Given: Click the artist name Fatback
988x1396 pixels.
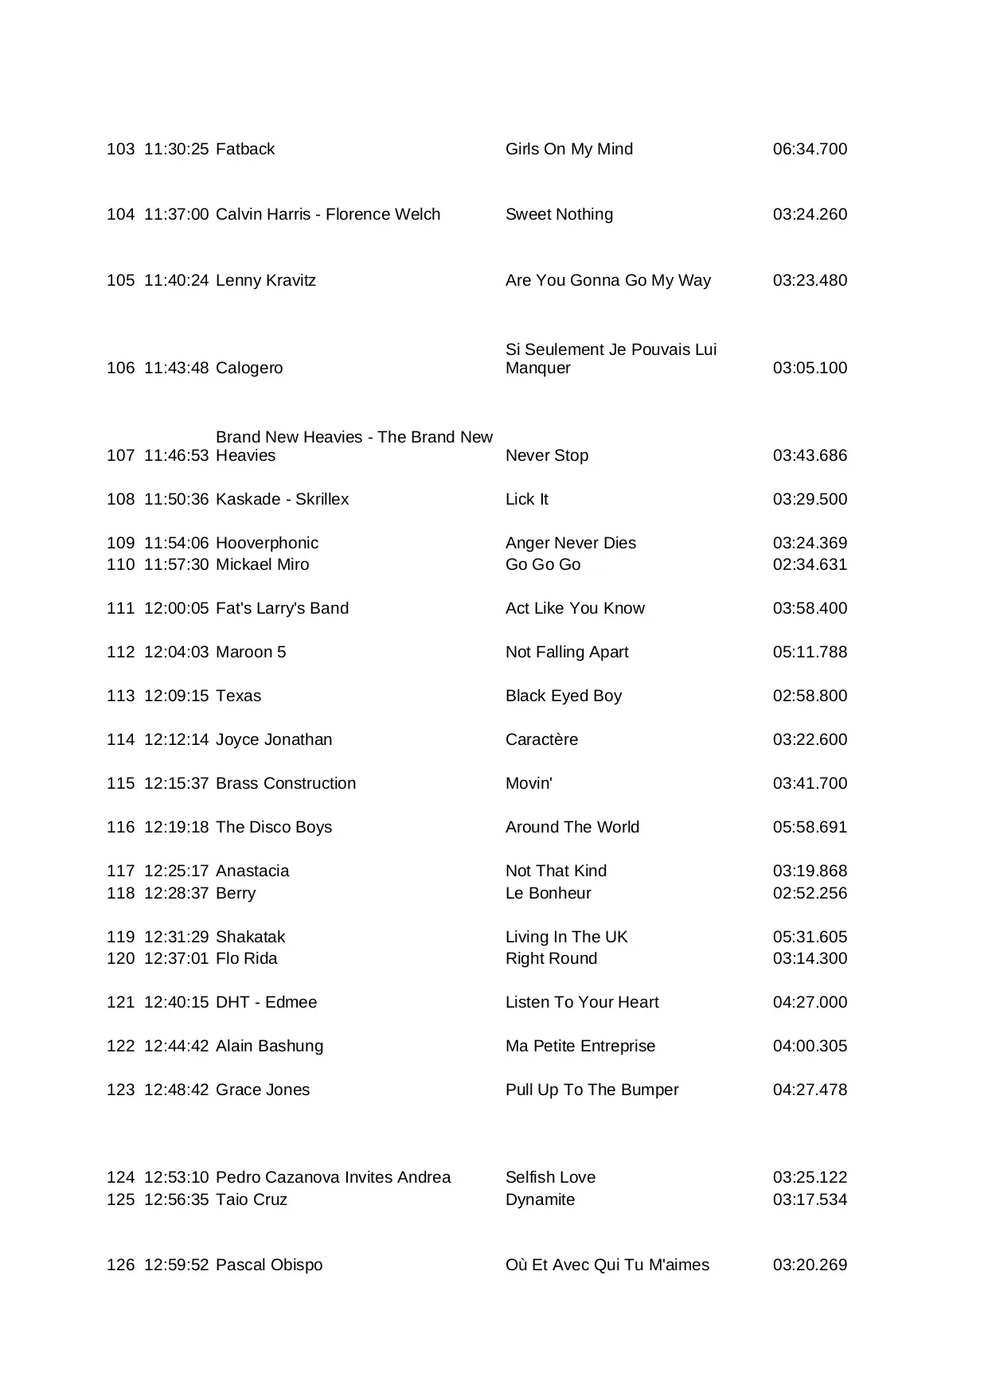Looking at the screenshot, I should point(244,149).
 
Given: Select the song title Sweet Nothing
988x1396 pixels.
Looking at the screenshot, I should point(559,214).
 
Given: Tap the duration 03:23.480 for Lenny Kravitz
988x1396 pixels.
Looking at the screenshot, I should point(810,280).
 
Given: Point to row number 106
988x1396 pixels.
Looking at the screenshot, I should point(120,368).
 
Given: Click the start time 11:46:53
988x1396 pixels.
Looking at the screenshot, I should point(176,455).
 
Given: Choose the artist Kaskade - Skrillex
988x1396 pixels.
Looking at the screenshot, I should point(282,499).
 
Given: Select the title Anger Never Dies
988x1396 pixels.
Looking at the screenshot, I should point(570,543).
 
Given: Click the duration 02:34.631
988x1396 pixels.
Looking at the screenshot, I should point(810,564).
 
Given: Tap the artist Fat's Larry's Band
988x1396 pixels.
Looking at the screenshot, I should point(282,608).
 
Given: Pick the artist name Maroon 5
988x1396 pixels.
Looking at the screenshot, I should point(250,652).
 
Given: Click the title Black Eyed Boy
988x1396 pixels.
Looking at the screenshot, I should point(563,696).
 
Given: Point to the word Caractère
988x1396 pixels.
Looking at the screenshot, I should point(541,739).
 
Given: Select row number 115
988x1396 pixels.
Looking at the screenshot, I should point(120,783).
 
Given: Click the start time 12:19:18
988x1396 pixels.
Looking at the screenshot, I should point(176,827).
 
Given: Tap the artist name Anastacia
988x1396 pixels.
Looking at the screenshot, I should point(252,871).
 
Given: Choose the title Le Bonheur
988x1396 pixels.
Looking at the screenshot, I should point(548,893).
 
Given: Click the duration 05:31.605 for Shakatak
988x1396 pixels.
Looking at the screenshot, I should point(810,937).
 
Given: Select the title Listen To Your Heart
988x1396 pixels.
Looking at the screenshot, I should point(582,1002).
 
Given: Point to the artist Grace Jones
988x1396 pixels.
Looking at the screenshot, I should point(263,1090).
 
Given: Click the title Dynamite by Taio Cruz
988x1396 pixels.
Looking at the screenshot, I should point(540,1199).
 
